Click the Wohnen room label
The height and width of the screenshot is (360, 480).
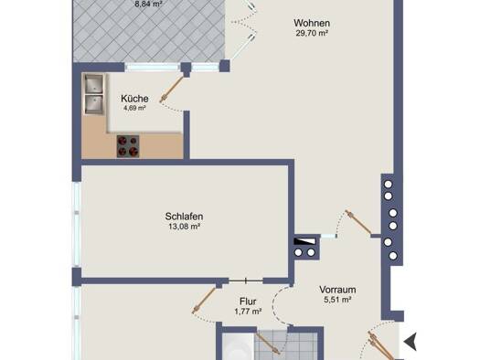312,23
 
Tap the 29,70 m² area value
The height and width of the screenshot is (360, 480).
312,33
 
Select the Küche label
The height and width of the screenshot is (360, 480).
134,99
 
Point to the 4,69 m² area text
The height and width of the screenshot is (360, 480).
134,108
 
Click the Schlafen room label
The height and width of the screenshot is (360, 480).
184,217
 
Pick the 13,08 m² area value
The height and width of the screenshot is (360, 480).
185,227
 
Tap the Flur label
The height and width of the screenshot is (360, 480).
248,302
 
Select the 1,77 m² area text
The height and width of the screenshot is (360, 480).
248,312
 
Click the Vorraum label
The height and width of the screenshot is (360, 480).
337,290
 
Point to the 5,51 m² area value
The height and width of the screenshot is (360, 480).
337,300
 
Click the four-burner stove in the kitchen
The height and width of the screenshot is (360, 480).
128,146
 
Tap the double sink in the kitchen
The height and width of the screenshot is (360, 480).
93,94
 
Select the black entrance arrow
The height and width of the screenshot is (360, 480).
411,341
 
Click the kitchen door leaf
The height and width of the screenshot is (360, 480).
172,89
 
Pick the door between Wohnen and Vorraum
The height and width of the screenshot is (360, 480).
357,222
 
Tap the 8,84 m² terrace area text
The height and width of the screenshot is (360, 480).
148,5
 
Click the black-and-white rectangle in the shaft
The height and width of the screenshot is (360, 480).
304,241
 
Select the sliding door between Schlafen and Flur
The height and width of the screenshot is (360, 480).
246,281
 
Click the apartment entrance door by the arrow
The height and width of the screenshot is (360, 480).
381,345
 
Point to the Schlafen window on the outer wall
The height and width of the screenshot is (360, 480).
76,224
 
